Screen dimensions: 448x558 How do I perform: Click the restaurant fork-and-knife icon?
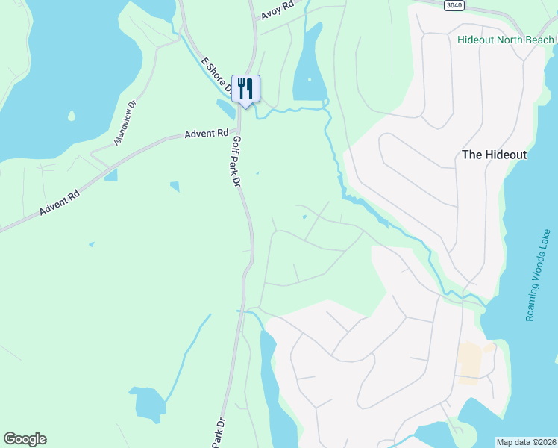pos(245,88)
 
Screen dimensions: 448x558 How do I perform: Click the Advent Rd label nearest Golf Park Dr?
pos(207,134)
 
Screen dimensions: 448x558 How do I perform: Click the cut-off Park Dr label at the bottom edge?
pos(218,433)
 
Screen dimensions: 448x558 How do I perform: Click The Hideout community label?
pos(495,155)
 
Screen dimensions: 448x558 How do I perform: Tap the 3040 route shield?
pos(453,5)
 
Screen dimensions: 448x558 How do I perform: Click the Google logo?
pos(25,439)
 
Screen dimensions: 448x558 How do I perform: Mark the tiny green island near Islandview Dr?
pos(72,116)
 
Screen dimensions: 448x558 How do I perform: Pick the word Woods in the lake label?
pos(539,274)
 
